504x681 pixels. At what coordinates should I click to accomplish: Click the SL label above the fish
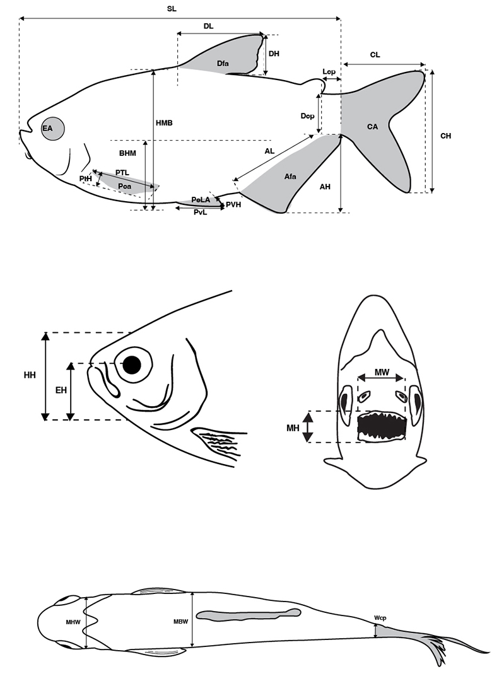(172, 9)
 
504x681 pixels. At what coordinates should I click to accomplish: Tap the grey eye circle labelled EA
(53, 129)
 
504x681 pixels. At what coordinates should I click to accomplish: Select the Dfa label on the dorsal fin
(223, 64)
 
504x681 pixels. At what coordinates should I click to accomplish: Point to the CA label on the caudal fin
(372, 127)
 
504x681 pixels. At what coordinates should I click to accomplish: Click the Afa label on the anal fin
(290, 177)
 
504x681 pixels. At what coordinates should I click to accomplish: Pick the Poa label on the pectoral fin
(125, 186)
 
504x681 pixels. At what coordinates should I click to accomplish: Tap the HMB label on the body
(164, 123)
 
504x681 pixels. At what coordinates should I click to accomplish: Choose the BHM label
(127, 153)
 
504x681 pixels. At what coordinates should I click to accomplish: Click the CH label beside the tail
(446, 136)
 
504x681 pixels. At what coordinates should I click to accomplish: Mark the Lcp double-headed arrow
(332, 80)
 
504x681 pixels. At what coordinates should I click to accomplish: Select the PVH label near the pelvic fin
(233, 204)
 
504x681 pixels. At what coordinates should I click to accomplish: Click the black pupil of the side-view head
(132, 365)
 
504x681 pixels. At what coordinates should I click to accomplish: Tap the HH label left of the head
(30, 375)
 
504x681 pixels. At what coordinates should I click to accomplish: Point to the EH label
(61, 390)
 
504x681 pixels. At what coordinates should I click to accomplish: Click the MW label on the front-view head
(382, 372)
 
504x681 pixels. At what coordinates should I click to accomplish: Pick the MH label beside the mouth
(293, 428)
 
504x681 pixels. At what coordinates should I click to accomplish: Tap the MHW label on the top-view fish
(73, 622)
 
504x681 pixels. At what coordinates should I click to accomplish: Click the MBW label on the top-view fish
(181, 622)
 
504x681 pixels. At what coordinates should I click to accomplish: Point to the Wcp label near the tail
(380, 617)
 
